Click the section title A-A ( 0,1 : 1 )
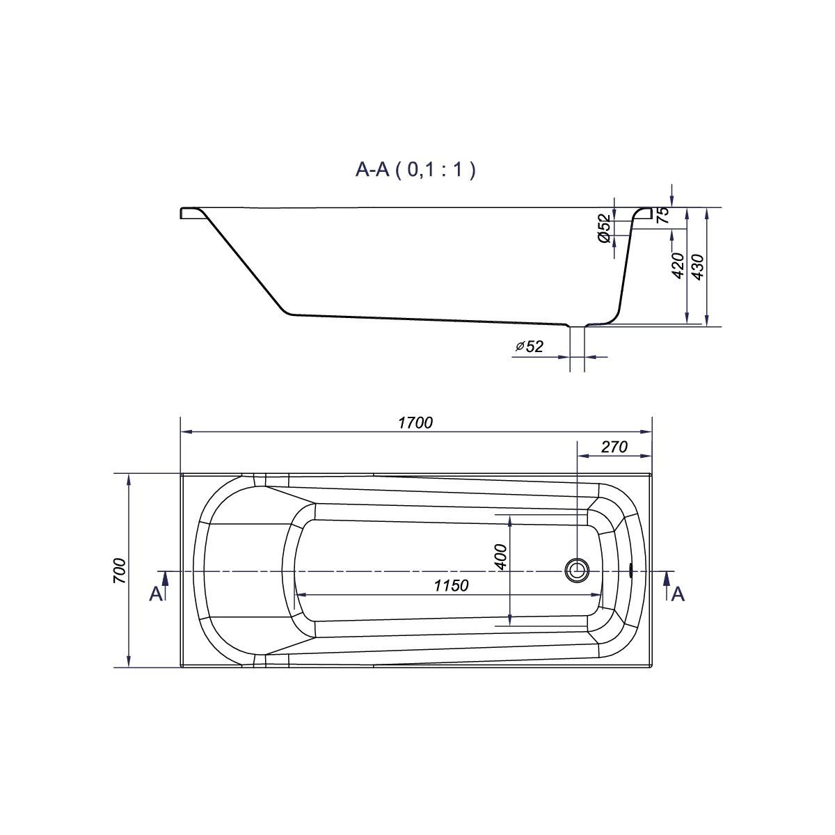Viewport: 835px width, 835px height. [x=415, y=170]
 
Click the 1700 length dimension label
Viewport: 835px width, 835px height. [x=415, y=423]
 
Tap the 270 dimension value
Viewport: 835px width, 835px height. [x=614, y=447]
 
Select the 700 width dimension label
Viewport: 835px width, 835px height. [x=120, y=571]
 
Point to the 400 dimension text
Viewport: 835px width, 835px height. [x=500, y=557]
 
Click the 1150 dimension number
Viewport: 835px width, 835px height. [x=451, y=586]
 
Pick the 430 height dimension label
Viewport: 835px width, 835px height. [x=699, y=267]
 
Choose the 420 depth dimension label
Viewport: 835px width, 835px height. [x=677, y=265]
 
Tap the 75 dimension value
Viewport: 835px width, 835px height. [x=663, y=215]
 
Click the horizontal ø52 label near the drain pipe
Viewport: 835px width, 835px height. [x=530, y=347]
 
